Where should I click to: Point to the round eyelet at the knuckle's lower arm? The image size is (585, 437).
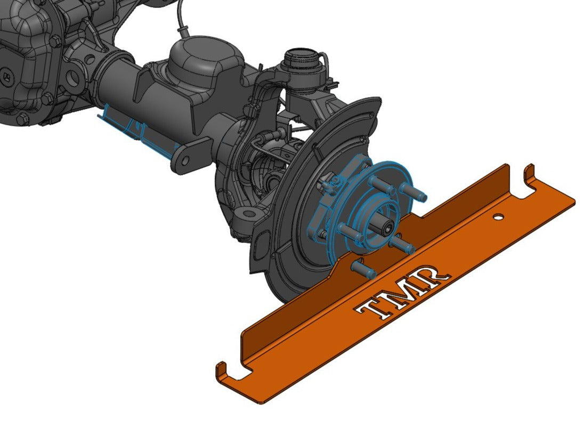(x=248, y=214)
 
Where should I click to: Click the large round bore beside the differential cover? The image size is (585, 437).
(x=74, y=78)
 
